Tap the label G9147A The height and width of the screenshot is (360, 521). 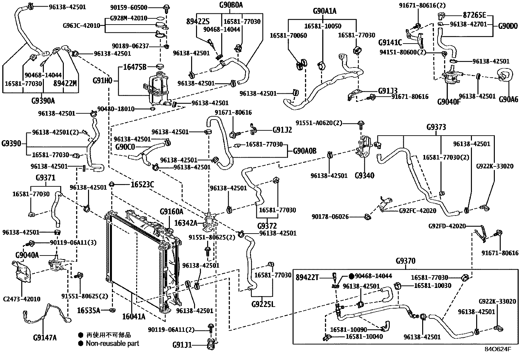pos(45,337)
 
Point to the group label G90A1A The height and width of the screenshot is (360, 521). pos(324,11)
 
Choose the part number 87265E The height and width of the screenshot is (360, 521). pos(475,15)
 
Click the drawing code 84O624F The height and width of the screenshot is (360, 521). pos(498,349)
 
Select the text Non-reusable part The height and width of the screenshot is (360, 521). pos(112,343)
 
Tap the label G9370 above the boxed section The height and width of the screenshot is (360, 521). pos(405,261)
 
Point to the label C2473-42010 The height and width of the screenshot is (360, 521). pos(22,299)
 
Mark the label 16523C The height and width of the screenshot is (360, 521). pos(142,184)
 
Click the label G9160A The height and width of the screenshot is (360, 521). pos(171,212)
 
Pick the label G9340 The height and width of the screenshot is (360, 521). pos(364,175)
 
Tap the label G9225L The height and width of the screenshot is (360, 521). pos(263,304)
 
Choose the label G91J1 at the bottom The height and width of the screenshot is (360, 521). pos(182,345)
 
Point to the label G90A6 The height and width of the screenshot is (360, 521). pos(509,99)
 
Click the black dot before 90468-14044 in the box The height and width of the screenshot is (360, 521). pos(351,276)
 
